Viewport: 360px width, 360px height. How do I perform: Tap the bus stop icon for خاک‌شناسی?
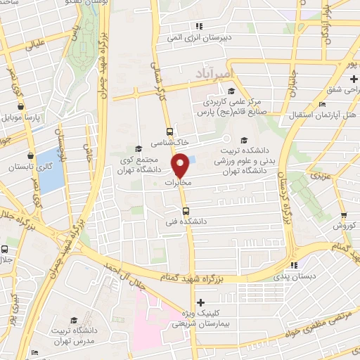click(169, 131)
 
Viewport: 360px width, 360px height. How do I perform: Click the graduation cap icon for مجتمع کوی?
click(139, 148)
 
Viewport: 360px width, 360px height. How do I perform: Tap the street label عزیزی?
click(321, 172)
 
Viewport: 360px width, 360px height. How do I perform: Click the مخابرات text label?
click(179, 183)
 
